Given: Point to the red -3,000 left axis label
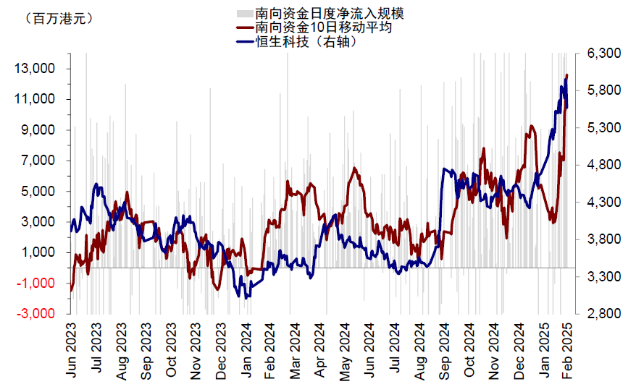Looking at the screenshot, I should point(36,314).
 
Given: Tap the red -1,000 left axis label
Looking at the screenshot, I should point(36,284).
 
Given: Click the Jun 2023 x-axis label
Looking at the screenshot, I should point(71,354).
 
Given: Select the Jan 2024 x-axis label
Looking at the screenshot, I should point(247,354).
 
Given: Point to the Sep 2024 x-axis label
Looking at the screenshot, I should point(445,354).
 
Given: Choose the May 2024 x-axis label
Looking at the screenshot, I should point(346,354).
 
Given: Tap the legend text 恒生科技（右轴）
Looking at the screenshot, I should point(307,42).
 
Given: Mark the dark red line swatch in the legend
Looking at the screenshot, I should point(245,28).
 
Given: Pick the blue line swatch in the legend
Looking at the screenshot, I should point(245,42).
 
